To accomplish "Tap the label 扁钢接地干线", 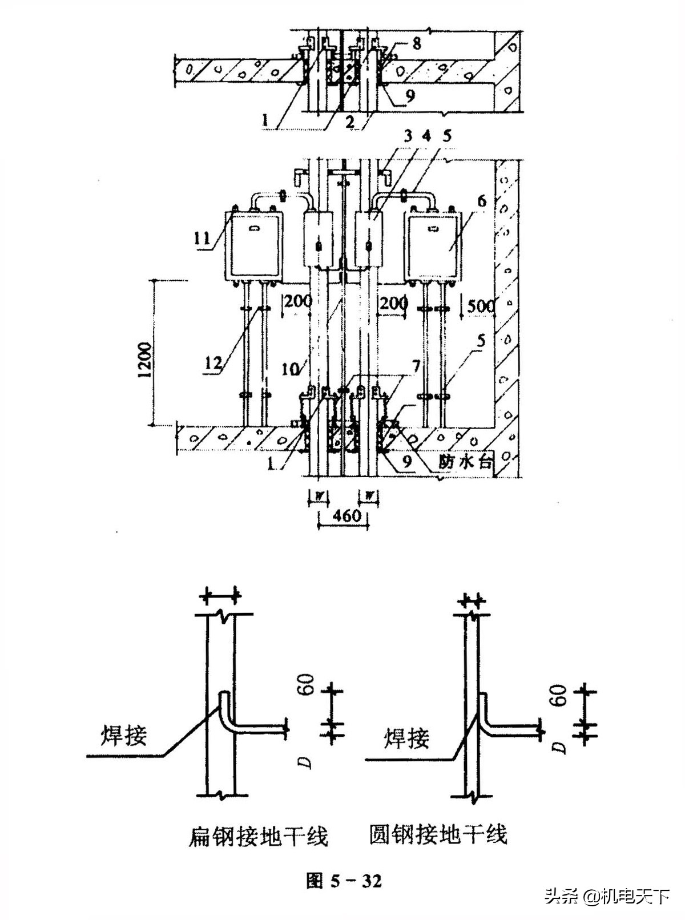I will coord(258,837).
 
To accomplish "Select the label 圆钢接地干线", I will coord(438,834).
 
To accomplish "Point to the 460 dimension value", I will coord(346,515).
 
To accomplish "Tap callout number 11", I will coord(203,237).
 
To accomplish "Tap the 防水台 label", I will coord(465,461).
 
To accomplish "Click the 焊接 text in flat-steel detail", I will coord(124,735).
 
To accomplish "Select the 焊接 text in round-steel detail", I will coord(406,738).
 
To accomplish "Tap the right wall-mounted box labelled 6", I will coord(432,246).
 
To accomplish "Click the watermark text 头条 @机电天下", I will coord(606,897).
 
